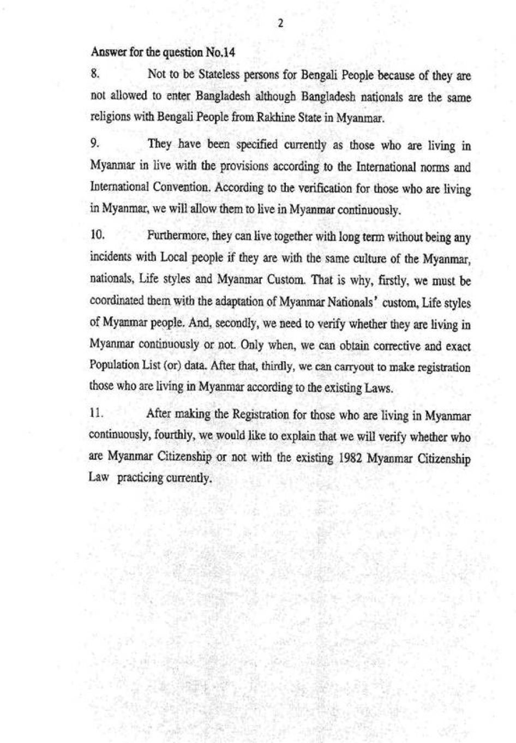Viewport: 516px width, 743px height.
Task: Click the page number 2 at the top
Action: (280, 22)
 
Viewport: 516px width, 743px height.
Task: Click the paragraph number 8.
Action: (94, 73)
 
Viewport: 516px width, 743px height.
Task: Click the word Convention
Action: (183, 187)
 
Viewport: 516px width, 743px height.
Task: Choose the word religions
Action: (110, 117)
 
